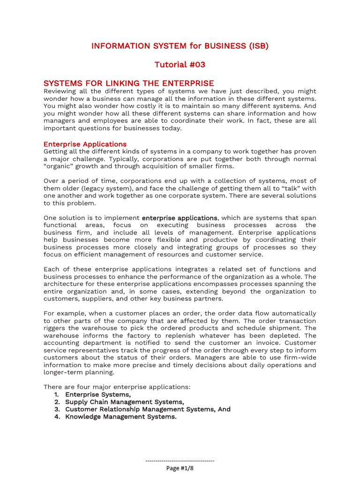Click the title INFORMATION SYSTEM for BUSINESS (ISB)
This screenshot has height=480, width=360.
[x=180, y=46]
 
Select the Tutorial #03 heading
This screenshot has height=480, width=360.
[x=180, y=65]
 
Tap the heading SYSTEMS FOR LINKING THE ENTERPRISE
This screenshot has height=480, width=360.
[x=129, y=83]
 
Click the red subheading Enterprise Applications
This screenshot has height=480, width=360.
[x=85, y=144]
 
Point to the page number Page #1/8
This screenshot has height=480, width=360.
[x=180, y=468]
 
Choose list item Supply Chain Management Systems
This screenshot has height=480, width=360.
[x=124, y=402]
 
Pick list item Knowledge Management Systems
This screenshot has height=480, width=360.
[x=120, y=417]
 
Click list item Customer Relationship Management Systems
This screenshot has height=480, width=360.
[x=148, y=409]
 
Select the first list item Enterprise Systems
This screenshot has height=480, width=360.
[x=98, y=394]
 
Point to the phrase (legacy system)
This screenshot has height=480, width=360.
[x=94, y=188]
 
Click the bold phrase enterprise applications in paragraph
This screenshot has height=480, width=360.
[x=180, y=218]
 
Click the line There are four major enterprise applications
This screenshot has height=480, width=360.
[x=117, y=387]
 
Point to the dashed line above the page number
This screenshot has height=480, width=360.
[x=180, y=461]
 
